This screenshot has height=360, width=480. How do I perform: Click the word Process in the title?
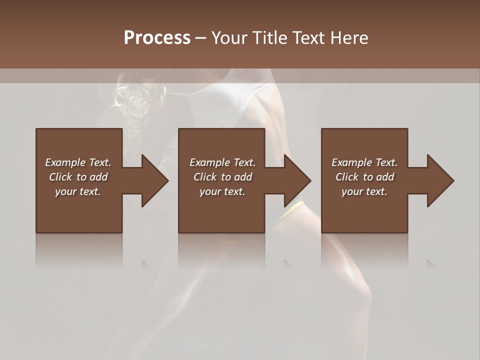(x=157, y=38)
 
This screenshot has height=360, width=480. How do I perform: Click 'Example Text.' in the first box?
(x=78, y=162)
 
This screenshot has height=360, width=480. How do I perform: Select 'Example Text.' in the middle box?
(x=222, y=162)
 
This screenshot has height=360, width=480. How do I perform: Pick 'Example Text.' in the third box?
(x=364, y=162)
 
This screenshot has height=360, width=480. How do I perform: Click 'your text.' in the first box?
(x=78, y=191)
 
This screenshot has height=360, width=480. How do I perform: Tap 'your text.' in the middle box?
(x=222, y=191)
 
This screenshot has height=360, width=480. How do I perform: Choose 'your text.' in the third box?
(x=364, y=191)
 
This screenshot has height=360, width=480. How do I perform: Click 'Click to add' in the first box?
(x=78, y=177)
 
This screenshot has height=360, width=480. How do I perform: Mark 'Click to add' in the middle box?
(x=222, y=177)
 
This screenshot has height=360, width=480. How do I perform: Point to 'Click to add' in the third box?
(x=364, y=177)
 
